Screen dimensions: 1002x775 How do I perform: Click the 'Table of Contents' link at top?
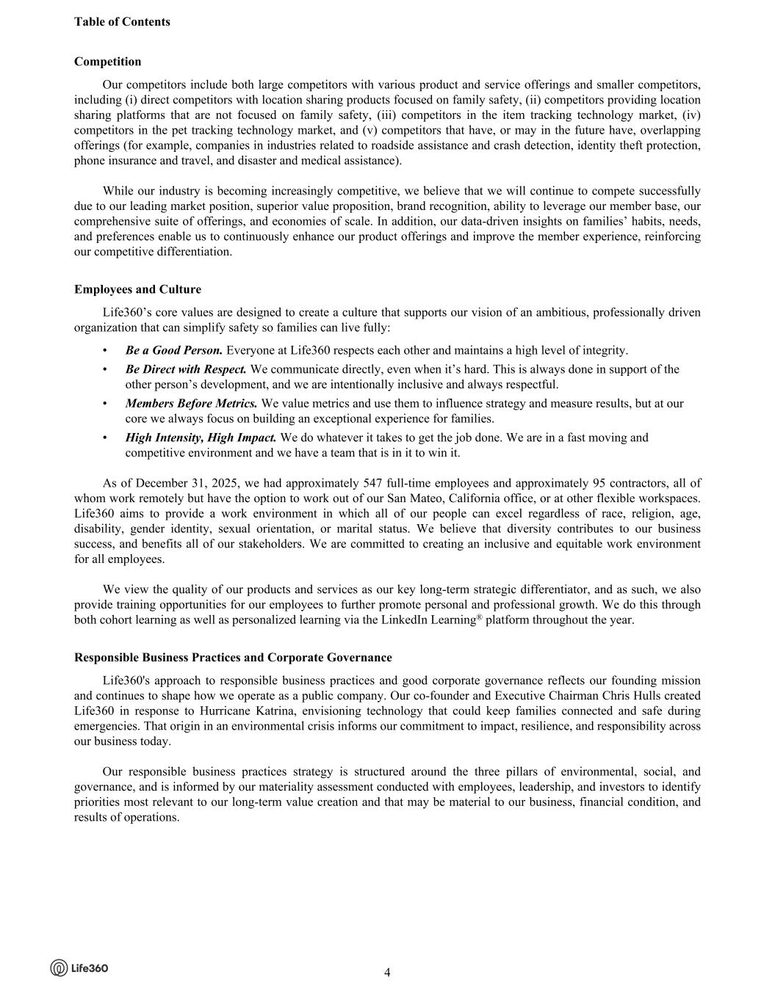pos(122,22)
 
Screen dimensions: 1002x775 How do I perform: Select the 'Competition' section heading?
pos(107,62)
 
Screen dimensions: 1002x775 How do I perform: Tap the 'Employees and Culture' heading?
pos(137,289)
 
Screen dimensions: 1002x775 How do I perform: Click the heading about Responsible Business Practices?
pos(233,658)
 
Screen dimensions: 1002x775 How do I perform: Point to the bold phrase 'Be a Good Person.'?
pos(174,350)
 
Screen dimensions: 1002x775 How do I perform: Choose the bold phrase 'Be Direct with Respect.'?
pos(186,369)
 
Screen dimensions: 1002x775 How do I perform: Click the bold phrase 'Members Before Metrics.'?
pos(192,403)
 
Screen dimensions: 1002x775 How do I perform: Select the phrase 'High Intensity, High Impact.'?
pos(201,438)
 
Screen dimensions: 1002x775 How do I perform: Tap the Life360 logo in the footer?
pos(79,967)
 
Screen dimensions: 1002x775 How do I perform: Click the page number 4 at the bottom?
pos(387,973)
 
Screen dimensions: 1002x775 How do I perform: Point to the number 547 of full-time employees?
pos(374,483)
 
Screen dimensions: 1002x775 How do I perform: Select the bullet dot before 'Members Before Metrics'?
pos(106,403)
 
